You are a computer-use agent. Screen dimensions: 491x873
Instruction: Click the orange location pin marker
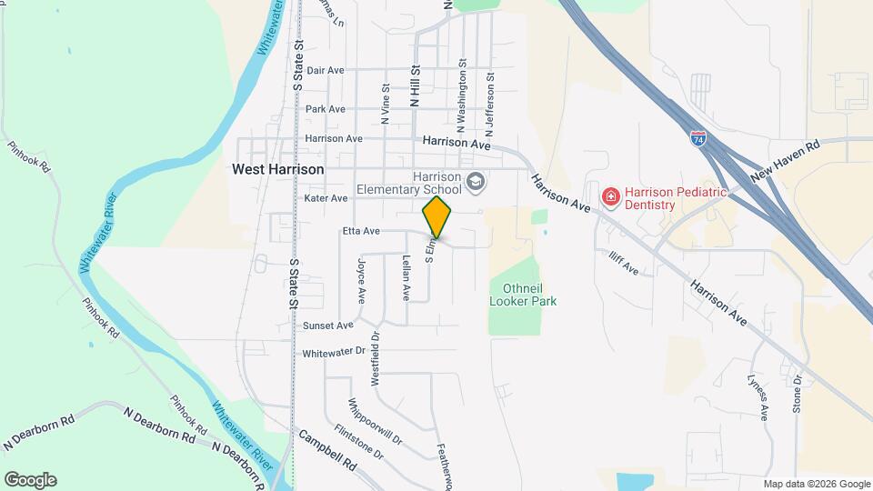436,216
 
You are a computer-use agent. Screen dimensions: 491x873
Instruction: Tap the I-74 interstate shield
697,139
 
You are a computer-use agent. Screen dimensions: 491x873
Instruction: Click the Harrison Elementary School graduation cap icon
474,183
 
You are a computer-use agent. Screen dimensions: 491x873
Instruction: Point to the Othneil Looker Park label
523,295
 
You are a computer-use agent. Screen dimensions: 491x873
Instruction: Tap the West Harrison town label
277,169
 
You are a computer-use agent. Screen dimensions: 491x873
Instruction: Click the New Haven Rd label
786,160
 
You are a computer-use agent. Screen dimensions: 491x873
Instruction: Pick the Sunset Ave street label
327,326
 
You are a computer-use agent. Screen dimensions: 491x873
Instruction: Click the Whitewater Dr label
333,352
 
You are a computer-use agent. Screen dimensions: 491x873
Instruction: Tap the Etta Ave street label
360,232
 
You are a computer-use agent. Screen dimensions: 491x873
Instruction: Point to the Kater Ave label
326,198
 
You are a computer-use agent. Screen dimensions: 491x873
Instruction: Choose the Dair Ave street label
326,70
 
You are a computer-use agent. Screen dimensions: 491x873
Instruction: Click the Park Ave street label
326,109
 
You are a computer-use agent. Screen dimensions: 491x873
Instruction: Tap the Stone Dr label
797,393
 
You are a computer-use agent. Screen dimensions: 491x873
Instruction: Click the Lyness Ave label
758,396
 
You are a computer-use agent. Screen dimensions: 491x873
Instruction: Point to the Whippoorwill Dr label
374,421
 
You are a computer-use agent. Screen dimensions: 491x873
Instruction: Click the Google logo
30,480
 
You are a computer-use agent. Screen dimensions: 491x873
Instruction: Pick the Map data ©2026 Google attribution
816,484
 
